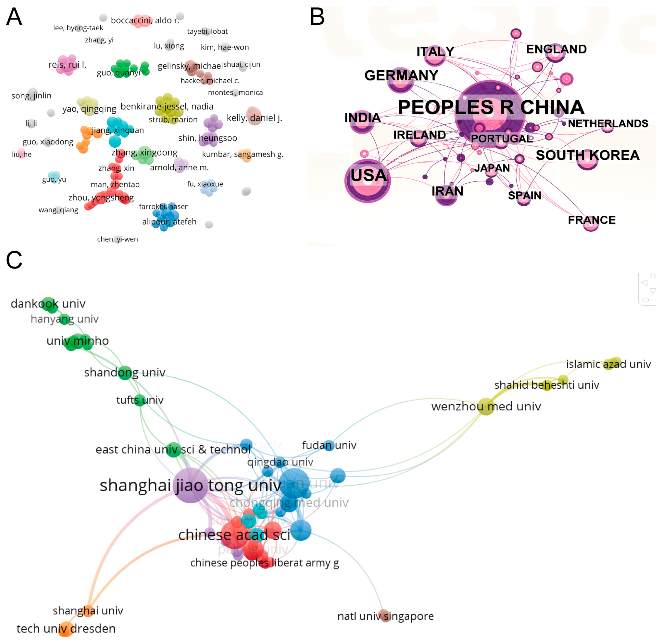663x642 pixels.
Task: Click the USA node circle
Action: pos(368,181)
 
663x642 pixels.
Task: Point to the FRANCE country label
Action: pos(591,220)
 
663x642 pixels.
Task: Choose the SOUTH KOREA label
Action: pos(588,155)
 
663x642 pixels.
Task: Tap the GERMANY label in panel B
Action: pos(401,75)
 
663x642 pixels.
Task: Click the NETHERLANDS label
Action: pos(608,123)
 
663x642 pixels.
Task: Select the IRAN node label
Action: pos(447,191)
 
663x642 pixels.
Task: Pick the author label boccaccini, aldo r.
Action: pos(145,20)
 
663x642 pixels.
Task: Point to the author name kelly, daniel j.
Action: pos(254,118)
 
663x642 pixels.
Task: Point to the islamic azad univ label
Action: pos(608,364)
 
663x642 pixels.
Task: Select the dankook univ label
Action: pos(48,304)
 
